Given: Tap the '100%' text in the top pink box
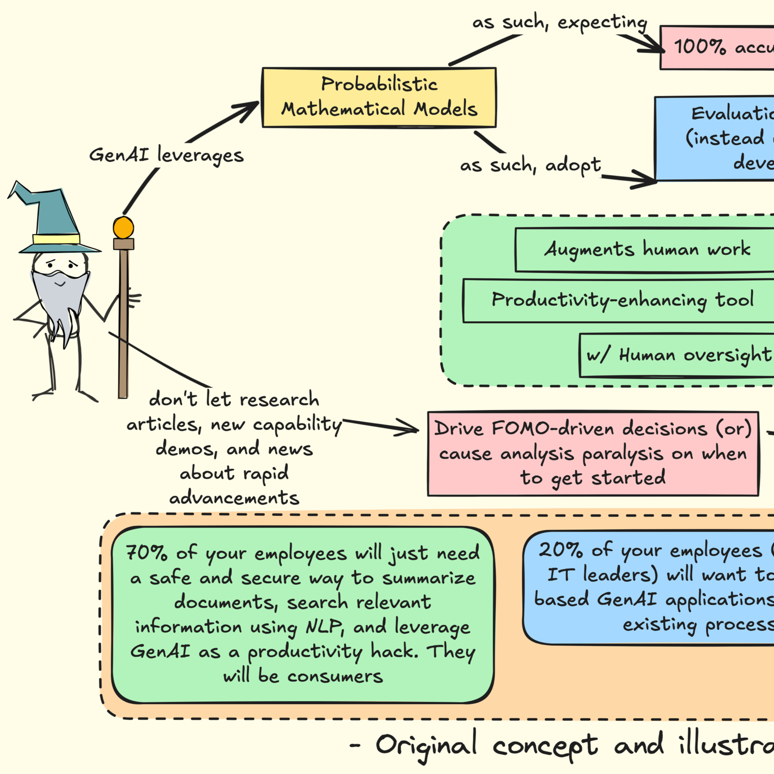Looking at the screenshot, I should click(x=699, y=47).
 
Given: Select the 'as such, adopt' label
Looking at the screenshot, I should click(x=530, y=165).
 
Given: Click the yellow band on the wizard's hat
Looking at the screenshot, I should click(x=56, y=239).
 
